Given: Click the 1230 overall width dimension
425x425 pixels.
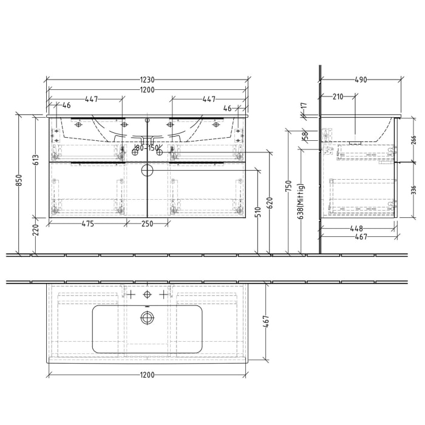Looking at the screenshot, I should tap(148, 80).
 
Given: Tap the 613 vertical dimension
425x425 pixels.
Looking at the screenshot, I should tap(36, 160).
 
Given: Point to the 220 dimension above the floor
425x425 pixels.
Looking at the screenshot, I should tap(36, 229).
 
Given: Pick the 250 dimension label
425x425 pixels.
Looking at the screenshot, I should tap(148, 223).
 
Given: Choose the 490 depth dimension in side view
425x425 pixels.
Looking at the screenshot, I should tap(361, 80).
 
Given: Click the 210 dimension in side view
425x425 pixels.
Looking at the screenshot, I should tap(338, 96).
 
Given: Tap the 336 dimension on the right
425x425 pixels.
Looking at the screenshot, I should tap(413, 192).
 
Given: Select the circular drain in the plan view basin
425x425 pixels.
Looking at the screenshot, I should tap(146, 316).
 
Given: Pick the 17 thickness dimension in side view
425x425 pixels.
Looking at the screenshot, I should tap(304, 106).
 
